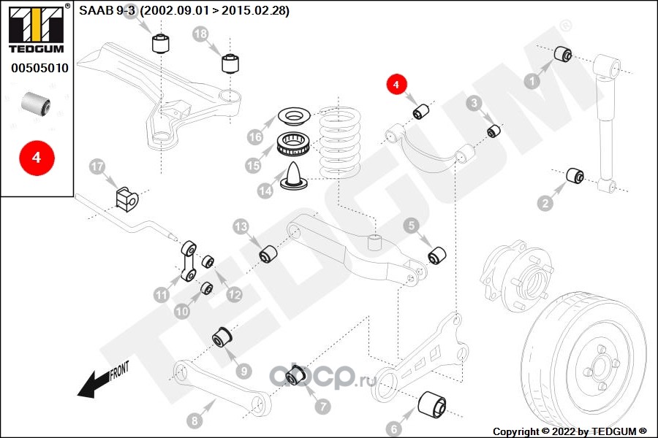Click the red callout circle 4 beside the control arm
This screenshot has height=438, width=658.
[x=396, y=84]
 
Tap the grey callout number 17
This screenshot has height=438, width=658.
[x=97, y=167]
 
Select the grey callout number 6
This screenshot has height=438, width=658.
[x=393, y=429]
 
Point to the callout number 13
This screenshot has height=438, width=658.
[x=241, y=227]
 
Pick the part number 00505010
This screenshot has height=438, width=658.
[x=39, y=68]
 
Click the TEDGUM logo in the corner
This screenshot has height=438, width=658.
[x=36, y=29]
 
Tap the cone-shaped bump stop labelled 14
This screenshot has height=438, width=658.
[x=294, y=176]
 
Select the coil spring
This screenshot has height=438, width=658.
[x=339, y=142]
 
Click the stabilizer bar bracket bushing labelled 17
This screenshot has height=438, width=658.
[x=126, y=199]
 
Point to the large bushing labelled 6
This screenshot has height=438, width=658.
[x=432, y=404]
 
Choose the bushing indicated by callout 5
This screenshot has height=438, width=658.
[x=437, y=255]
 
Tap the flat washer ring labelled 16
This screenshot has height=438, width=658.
[x=294, y=116]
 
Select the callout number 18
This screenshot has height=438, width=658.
[x=200, y=34]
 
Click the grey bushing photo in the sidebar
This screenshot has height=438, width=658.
[x=36, y=104]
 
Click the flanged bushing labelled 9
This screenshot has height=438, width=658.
[x=222, y=337]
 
